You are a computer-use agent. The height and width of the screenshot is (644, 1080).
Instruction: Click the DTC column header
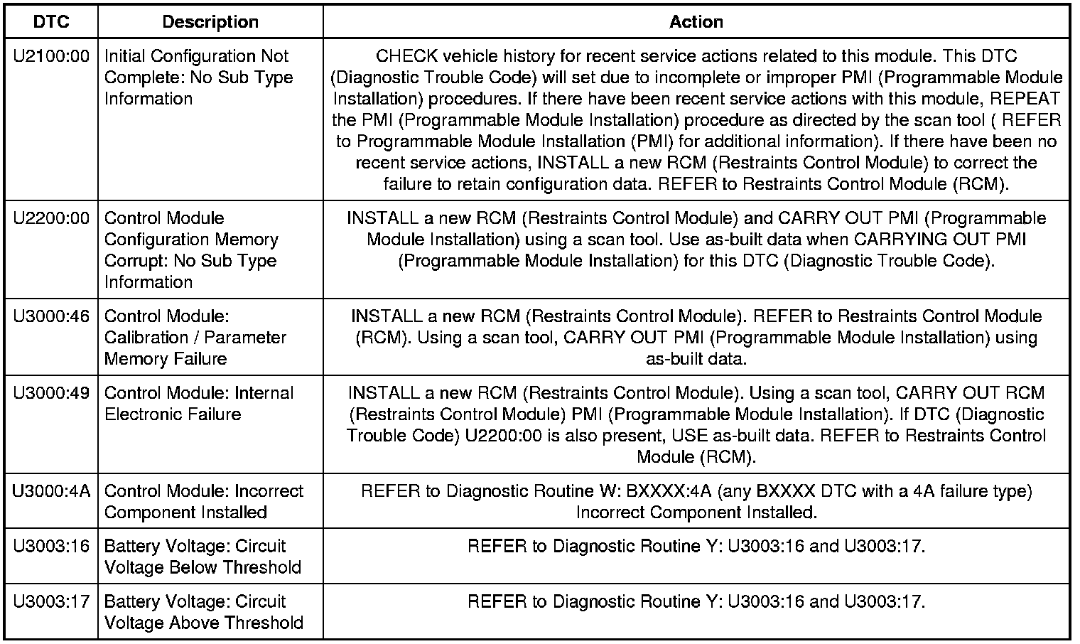coord(51,21)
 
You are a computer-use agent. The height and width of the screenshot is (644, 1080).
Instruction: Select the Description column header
coord(210,21)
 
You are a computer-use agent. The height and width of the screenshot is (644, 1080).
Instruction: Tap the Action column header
coord(696,21)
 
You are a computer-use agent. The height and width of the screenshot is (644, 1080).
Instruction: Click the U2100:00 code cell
coord(51,56)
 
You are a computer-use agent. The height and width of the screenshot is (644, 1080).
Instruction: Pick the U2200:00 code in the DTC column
coord(51,218)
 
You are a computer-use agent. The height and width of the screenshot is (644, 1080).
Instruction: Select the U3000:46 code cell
coord(51,316)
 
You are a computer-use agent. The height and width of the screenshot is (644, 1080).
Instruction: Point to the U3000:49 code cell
coord(51,393)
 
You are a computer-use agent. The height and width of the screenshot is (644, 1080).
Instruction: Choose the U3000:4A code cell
coord(51,491)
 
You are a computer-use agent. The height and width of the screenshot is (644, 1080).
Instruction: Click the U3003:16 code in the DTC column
coord(51,547)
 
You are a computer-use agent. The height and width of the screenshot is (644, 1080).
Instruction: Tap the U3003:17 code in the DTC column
coord(51,602)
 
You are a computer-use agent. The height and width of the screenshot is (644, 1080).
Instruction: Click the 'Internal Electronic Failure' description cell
coord(198,403)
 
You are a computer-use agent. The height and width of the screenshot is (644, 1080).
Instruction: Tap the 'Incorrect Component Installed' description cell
coord(203,501)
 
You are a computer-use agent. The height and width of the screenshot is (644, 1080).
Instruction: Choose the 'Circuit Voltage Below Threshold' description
coord(202,557)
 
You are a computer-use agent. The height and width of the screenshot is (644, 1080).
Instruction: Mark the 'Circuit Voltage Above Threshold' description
coord(203,612)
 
